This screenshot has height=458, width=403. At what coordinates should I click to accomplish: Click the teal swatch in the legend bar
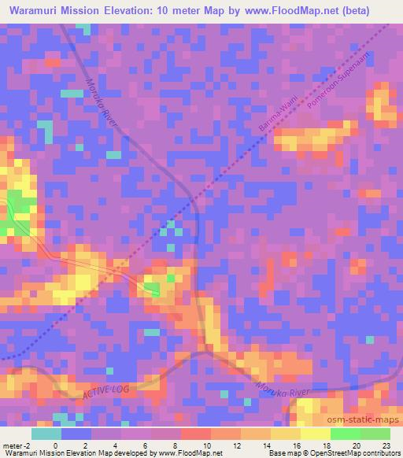[x=46, y=433]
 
